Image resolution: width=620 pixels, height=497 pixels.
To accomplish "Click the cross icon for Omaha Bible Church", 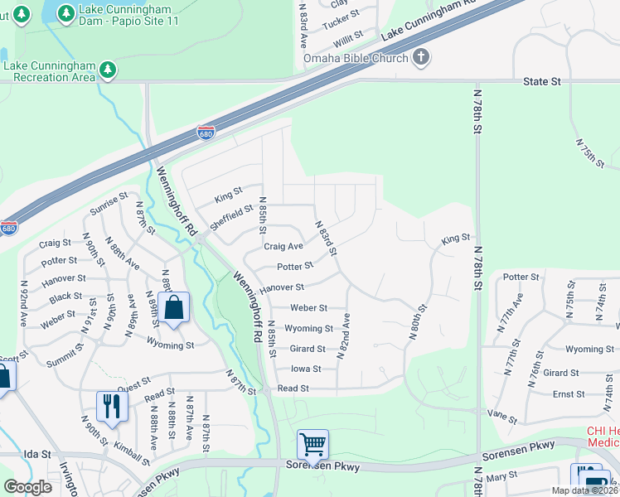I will [x=421, y=58].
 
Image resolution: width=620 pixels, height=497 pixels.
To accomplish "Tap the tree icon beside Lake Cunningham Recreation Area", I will [x=107, y=71].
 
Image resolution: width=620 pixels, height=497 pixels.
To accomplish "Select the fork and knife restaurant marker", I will [x=109, y=406].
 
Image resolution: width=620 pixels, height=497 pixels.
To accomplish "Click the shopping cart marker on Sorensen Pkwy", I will [x=312, y=444].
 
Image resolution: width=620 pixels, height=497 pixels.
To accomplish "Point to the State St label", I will [x=542, y=82].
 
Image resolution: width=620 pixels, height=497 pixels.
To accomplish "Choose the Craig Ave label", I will [x=283, y=246].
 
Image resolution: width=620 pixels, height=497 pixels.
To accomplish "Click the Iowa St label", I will [x=306, y=369].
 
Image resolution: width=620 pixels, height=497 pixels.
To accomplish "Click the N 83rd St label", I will [x=327, y=237].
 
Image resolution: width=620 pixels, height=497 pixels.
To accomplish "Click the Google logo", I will [x=28, y=487].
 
